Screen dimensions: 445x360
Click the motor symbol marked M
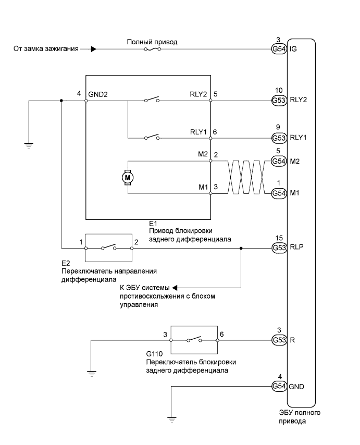tap(128, 178)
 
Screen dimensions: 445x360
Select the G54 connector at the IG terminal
tap(279, 50)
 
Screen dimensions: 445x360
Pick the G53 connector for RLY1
tap(279, 138)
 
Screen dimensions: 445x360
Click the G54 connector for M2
tap(279, 161)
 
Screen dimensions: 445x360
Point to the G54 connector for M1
tap(279, 193)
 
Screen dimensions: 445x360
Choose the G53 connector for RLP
tap(279, 249)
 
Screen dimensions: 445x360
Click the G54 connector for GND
tap(279, 386)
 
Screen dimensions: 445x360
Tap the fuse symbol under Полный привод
tap(152, 50)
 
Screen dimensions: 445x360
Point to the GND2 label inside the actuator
tap(98, 94)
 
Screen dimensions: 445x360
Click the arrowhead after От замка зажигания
tap(93, 50)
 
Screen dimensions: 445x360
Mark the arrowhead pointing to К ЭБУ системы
tap(175, 287)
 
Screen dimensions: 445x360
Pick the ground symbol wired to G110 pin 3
tap(91, 373)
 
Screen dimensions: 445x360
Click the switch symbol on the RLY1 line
tap(152, 138)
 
